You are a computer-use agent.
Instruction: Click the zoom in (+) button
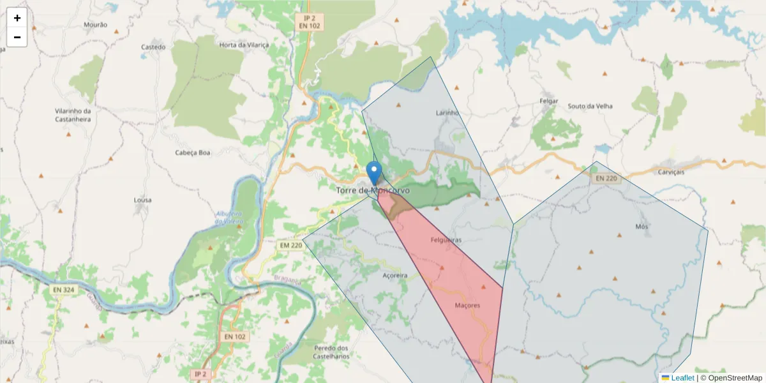point(17,18)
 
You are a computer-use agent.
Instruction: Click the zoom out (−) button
point(17,37)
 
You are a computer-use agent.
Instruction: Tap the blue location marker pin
point(375,173)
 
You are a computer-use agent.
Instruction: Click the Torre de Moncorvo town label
point(373,190)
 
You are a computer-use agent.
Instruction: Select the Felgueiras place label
point(446,240)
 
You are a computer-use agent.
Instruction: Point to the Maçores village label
point(467,305)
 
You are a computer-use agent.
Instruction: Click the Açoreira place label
point(394,276)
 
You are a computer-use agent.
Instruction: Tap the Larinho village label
point(447,113)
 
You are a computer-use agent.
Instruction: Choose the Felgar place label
point(549,101)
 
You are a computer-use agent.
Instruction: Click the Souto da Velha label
point(590,106)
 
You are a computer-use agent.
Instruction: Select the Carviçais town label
point(670,172)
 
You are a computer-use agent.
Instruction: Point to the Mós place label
point(642,227)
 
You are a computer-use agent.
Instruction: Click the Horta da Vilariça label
point(244,45)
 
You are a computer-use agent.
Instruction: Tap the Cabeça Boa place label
point(193,153)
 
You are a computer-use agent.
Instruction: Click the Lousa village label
point(142,200)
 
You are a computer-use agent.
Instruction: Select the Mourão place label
point(96,25)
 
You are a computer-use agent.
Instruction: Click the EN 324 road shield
point(63,290)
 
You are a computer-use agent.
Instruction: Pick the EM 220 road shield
point(291,245)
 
